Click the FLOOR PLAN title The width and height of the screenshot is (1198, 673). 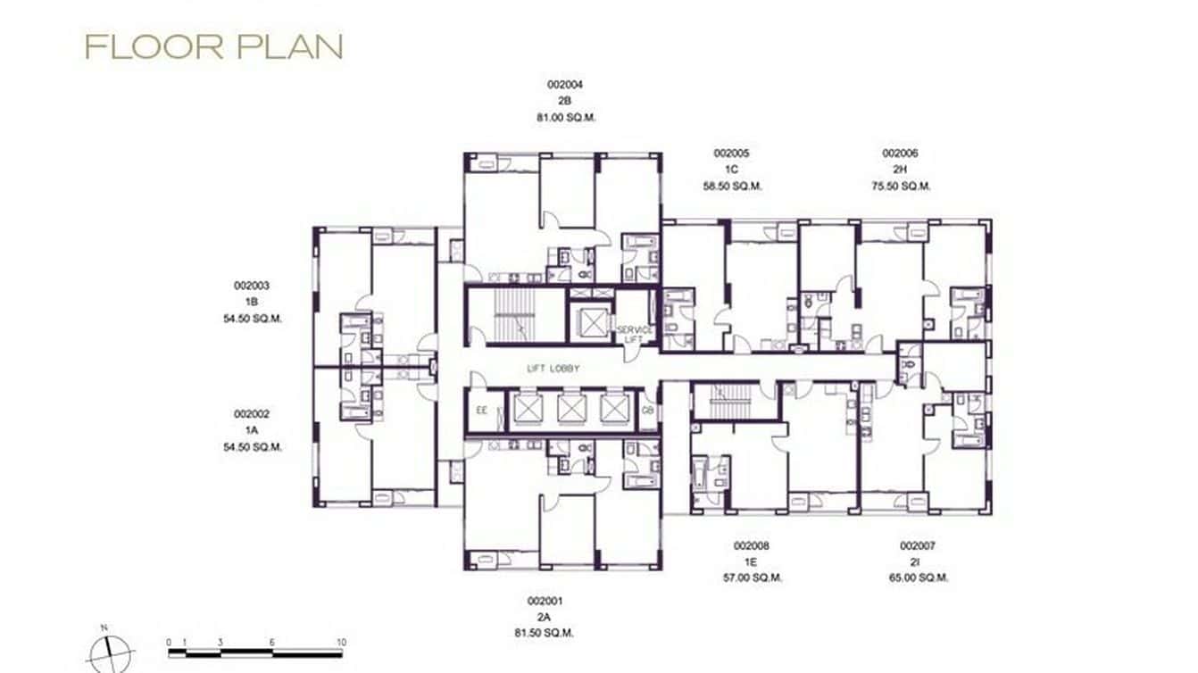(213, 47)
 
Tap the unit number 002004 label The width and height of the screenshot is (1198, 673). (565, 85)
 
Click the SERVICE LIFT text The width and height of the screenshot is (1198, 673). (635, 335)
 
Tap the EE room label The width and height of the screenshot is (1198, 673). (482, 411)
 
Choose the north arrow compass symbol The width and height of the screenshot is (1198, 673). (111, 652)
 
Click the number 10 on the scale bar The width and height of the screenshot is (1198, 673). (341, 642)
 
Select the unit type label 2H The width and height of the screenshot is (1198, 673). (900, 170)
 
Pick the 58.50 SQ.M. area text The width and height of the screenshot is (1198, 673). (732, 187)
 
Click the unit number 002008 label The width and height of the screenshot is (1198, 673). (752, 545)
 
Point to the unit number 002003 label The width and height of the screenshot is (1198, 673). (252, 286)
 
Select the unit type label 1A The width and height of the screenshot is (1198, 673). (252, 430)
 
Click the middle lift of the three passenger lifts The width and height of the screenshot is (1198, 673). (571, 409)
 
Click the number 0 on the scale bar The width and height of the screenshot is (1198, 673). (170, 642)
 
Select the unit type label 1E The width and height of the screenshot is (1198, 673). (752, 561)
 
